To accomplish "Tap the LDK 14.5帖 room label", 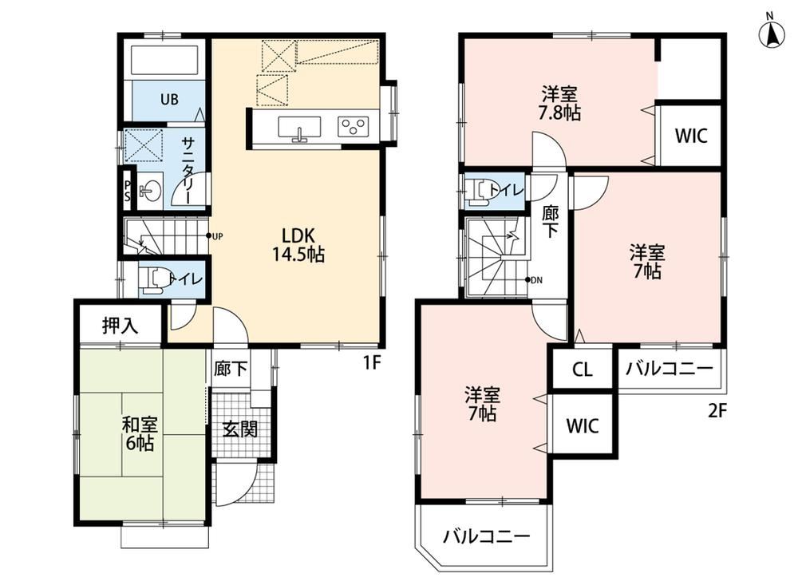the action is (x=298, y=244).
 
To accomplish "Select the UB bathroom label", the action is (x=169, y=99).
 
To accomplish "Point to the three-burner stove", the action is (x=354, y=126).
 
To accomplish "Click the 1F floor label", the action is (x=372, y=362).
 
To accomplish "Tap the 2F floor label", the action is (x=717, y=410).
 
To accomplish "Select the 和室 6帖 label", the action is (x=140, y=433).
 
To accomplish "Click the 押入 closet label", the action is (x=120, y=326).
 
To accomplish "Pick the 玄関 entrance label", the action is (x=239, y=429).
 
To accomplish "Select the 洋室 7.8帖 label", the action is (x=559, y=104).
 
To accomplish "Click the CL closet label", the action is (x=583, y=370).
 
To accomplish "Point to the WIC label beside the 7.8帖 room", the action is (x=691, y=136).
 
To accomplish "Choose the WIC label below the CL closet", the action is (x=583, y=425).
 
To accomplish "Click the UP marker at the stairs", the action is (x=214, y=236).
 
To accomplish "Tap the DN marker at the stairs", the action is (x=533, y=280).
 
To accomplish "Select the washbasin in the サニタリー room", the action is (x=150, y=192).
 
